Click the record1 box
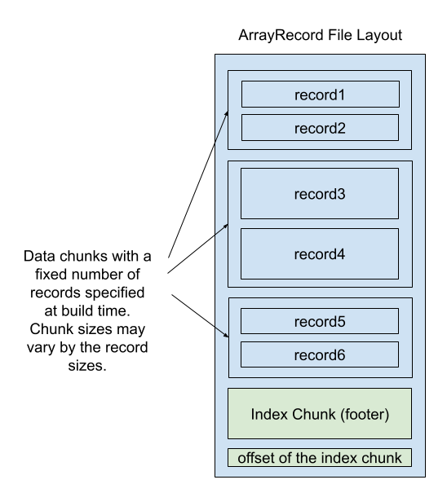click(x=320, y=95)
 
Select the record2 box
click(x=320, y=128)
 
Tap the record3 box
click(x=320, y=194)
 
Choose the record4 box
click(x=320, y=254)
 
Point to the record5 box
click(x=320, y=321)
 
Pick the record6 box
click(x=320, y=354)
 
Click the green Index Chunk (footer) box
click(x=320, y=414)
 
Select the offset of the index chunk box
click(x=320, y=458)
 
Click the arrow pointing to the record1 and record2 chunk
click(x=221, y=127)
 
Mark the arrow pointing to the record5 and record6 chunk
click(x=222, y=331)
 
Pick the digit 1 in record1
click(x=342, y=95)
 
